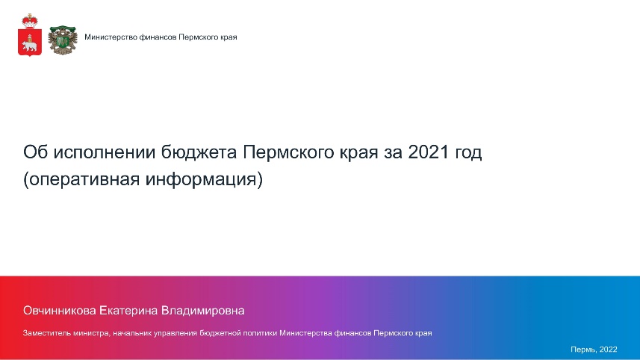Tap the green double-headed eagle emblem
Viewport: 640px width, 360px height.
tap(63, 40)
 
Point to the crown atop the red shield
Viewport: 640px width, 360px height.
tap(30, 21)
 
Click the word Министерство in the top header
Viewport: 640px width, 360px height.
tap(111, 37)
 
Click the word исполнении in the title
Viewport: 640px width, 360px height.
tap(105, 152)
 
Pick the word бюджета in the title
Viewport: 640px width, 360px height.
tap(199, 153)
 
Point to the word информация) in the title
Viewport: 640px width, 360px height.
tap(204, 179)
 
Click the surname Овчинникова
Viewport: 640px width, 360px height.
tap(60, 311)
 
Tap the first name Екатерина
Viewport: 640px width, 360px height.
tap(128, 311)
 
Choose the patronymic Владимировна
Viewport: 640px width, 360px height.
tap(203, 311)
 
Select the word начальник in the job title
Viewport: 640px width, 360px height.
tap(130, 333)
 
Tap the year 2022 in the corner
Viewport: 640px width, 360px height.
tap(609, 350)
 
